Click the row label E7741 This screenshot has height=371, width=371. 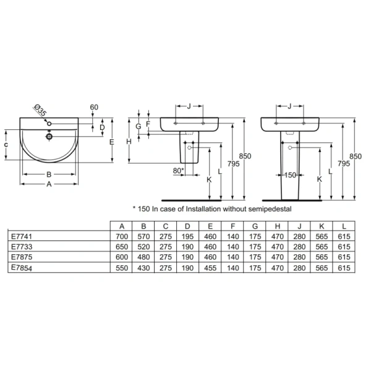click(21, 236)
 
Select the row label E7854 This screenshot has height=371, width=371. click(21, 268)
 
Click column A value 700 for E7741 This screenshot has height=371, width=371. click(122, 236)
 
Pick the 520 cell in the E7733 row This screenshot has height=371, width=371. click(143, 247)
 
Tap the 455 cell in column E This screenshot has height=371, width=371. click(210, 268)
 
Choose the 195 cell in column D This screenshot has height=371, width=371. click(187, 236)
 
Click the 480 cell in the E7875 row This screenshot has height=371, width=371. click(143, 257)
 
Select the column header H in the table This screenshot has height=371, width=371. click(278, 226)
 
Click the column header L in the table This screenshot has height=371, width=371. click(344, 226)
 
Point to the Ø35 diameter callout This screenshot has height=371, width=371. click(40, 110)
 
